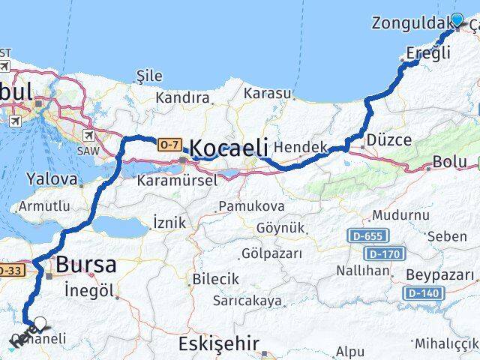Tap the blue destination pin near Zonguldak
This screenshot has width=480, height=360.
click(457, 20)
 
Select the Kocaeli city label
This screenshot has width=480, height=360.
click(228, 148)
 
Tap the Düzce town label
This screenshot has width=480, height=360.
click(388, 140)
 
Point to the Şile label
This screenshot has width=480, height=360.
click(150, 76)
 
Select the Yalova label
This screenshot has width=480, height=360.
click(51, 179)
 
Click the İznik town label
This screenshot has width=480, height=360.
click(169, 223)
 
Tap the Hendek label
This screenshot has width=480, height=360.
click(301, 148)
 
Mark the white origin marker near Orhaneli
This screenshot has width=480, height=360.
click(40, 325)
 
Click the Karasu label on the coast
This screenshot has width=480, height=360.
click(266, 93)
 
